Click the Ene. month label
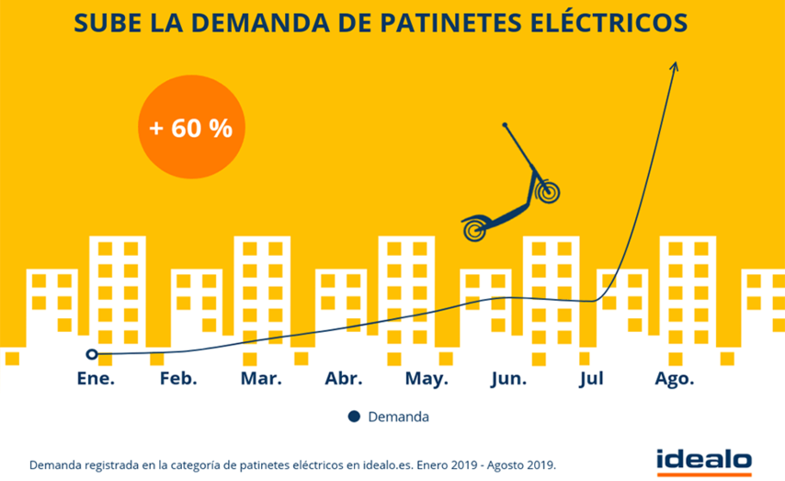pos(95,379)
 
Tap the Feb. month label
pos(178,379)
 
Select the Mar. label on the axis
pos(261,379)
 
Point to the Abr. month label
pos(344,379)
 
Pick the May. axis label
pos(427,379)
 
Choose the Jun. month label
pos(509,379)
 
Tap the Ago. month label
pos(674,379)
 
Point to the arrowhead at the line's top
pos(675,66)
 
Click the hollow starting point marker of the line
pos(91,354)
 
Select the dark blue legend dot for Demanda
pos(354,417)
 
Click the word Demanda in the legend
pos(398,417)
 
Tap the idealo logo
pos(704,459)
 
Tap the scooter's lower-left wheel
pos(475,228)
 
